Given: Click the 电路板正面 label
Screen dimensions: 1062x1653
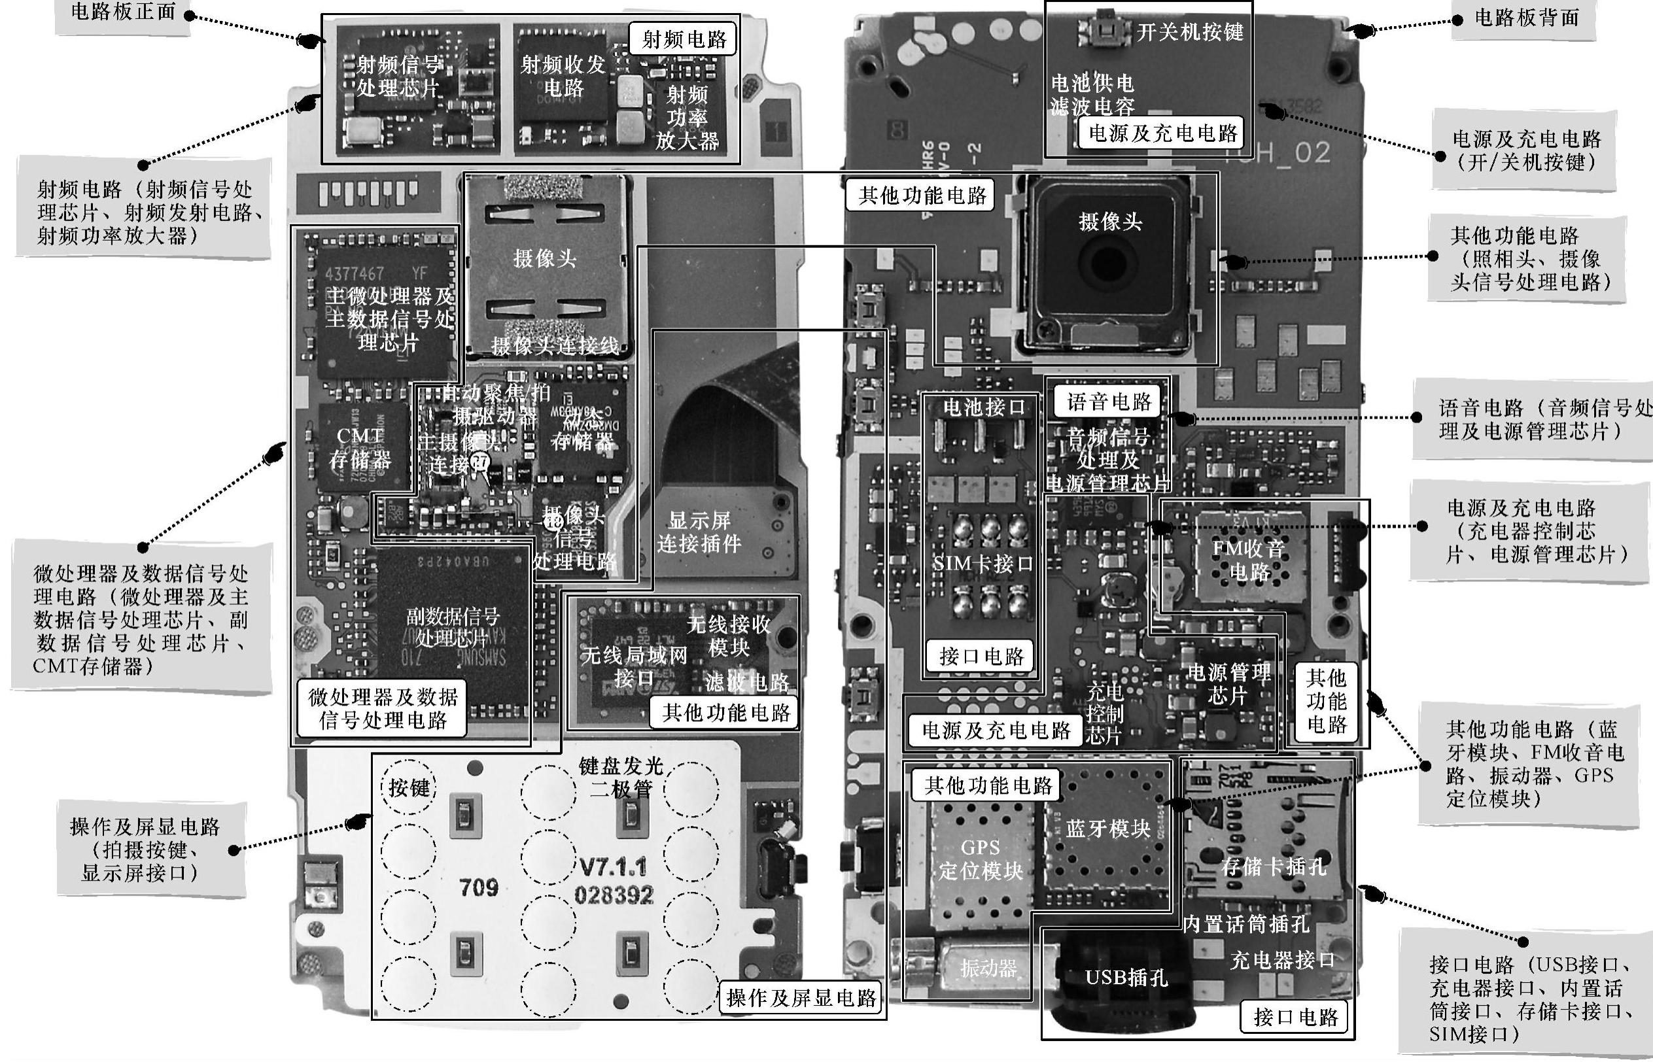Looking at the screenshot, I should point(123,12).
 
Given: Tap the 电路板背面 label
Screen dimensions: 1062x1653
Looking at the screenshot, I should point(1525,18).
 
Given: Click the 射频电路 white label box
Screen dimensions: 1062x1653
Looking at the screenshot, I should point(684,39).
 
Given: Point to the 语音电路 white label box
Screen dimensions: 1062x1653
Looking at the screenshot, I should point(1108,402).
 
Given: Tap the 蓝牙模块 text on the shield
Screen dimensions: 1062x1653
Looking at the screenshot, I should point(1107,829).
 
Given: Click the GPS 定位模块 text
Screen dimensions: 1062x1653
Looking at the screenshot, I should point(980,859).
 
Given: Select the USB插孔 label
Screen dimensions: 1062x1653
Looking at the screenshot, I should point(1126,977).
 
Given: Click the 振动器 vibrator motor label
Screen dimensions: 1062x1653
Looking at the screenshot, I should point(988,968).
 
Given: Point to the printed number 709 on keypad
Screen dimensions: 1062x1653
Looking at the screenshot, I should point(479,887).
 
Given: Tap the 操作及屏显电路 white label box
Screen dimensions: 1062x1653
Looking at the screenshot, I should point(801,997).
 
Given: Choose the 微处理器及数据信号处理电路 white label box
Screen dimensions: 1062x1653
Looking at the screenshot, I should point(383,708).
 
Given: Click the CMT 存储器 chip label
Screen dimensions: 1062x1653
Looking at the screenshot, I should point(359,447).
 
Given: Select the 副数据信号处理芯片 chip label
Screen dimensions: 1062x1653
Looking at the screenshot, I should point(452,627).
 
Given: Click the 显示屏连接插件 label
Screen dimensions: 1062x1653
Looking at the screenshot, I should point(699,532).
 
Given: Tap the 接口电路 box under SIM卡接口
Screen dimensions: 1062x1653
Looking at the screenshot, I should point(981,656).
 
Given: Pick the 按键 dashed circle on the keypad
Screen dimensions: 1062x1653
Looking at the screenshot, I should point(409,787).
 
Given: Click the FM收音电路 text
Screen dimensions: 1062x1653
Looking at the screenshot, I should point(1248,560).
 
